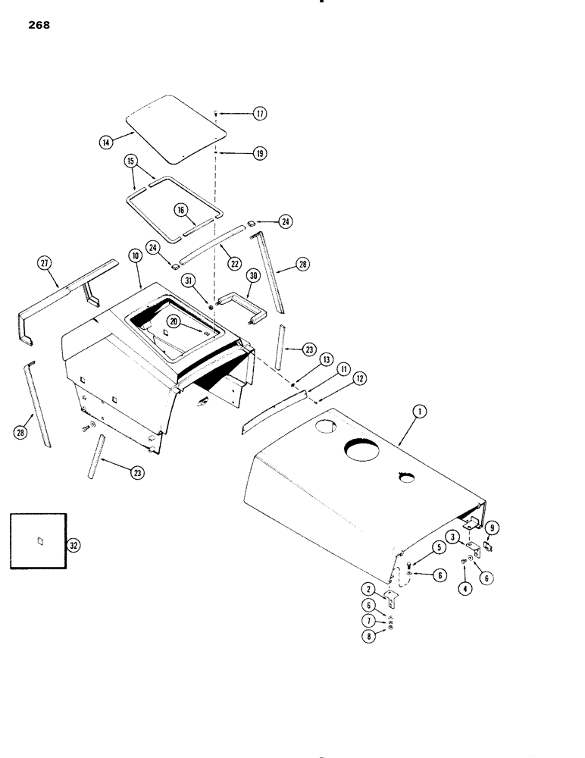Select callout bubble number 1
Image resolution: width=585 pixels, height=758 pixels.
(x=418, y=412)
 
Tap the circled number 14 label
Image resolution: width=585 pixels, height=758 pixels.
(x=106, y=140)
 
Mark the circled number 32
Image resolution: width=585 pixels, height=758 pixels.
(x=73, y=544)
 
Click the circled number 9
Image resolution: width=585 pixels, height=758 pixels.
(x=491, y=528)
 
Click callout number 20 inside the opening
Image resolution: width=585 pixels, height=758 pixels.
(x=176, y=321)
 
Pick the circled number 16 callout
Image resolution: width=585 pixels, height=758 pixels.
(x=180, y=210)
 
